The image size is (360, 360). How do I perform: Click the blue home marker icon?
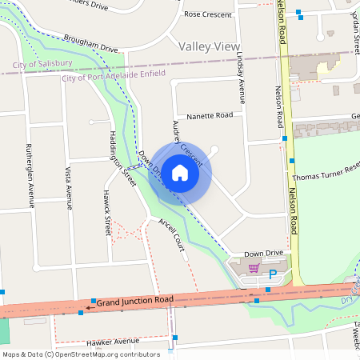180,172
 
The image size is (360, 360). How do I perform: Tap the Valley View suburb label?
210,46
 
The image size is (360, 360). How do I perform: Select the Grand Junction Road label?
135,302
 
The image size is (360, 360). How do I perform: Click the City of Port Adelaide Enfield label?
114,74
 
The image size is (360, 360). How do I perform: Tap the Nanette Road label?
210,116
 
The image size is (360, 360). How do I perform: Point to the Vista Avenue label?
69,187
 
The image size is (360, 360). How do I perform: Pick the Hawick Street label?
107,213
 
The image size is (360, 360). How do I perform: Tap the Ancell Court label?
171,234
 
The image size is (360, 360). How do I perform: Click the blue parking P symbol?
273,274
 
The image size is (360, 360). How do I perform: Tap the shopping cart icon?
254,268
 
